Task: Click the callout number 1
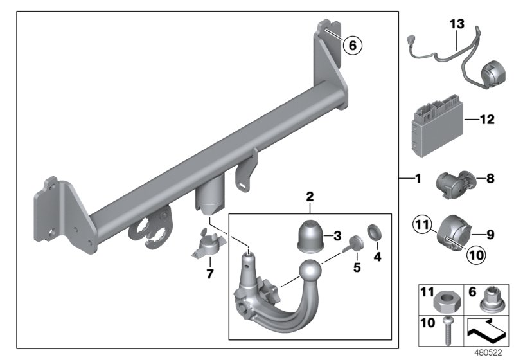click(x=417, y=178)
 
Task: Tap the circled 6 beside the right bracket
click(x=351, y=45)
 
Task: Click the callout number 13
click(x=456, y=24)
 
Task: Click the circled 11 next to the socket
click(x=421, y=224)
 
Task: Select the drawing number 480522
click(x=492, y=353)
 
